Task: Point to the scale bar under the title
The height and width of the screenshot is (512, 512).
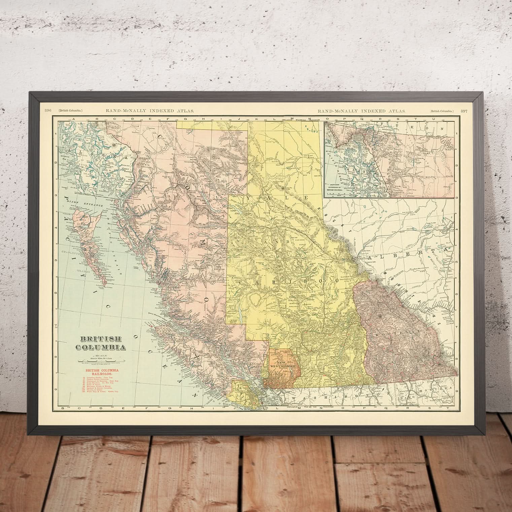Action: pos(101,362)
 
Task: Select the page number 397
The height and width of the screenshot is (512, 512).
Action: pos(464,111)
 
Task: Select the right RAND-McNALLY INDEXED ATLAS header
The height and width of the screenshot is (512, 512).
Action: pos(362,111)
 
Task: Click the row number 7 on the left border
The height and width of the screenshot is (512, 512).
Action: pos(56,326)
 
